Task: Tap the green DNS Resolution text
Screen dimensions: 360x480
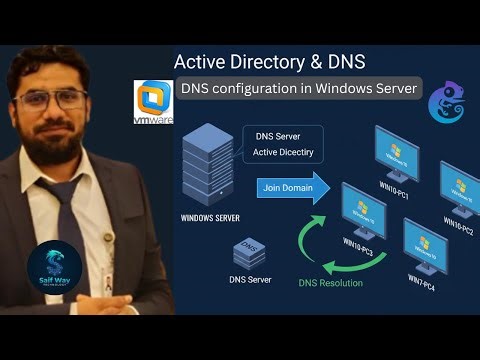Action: [331, 283]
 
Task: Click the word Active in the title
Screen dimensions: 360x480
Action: [201, 62]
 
